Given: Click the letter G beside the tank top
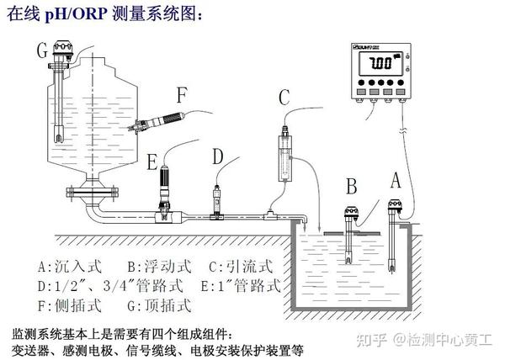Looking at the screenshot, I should (40, 51).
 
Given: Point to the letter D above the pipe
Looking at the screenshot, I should (218, 156).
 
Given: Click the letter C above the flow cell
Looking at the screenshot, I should (284, 98).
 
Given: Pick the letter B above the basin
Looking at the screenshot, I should (352, 185).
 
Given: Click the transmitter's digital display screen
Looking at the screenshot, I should (381, 64).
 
